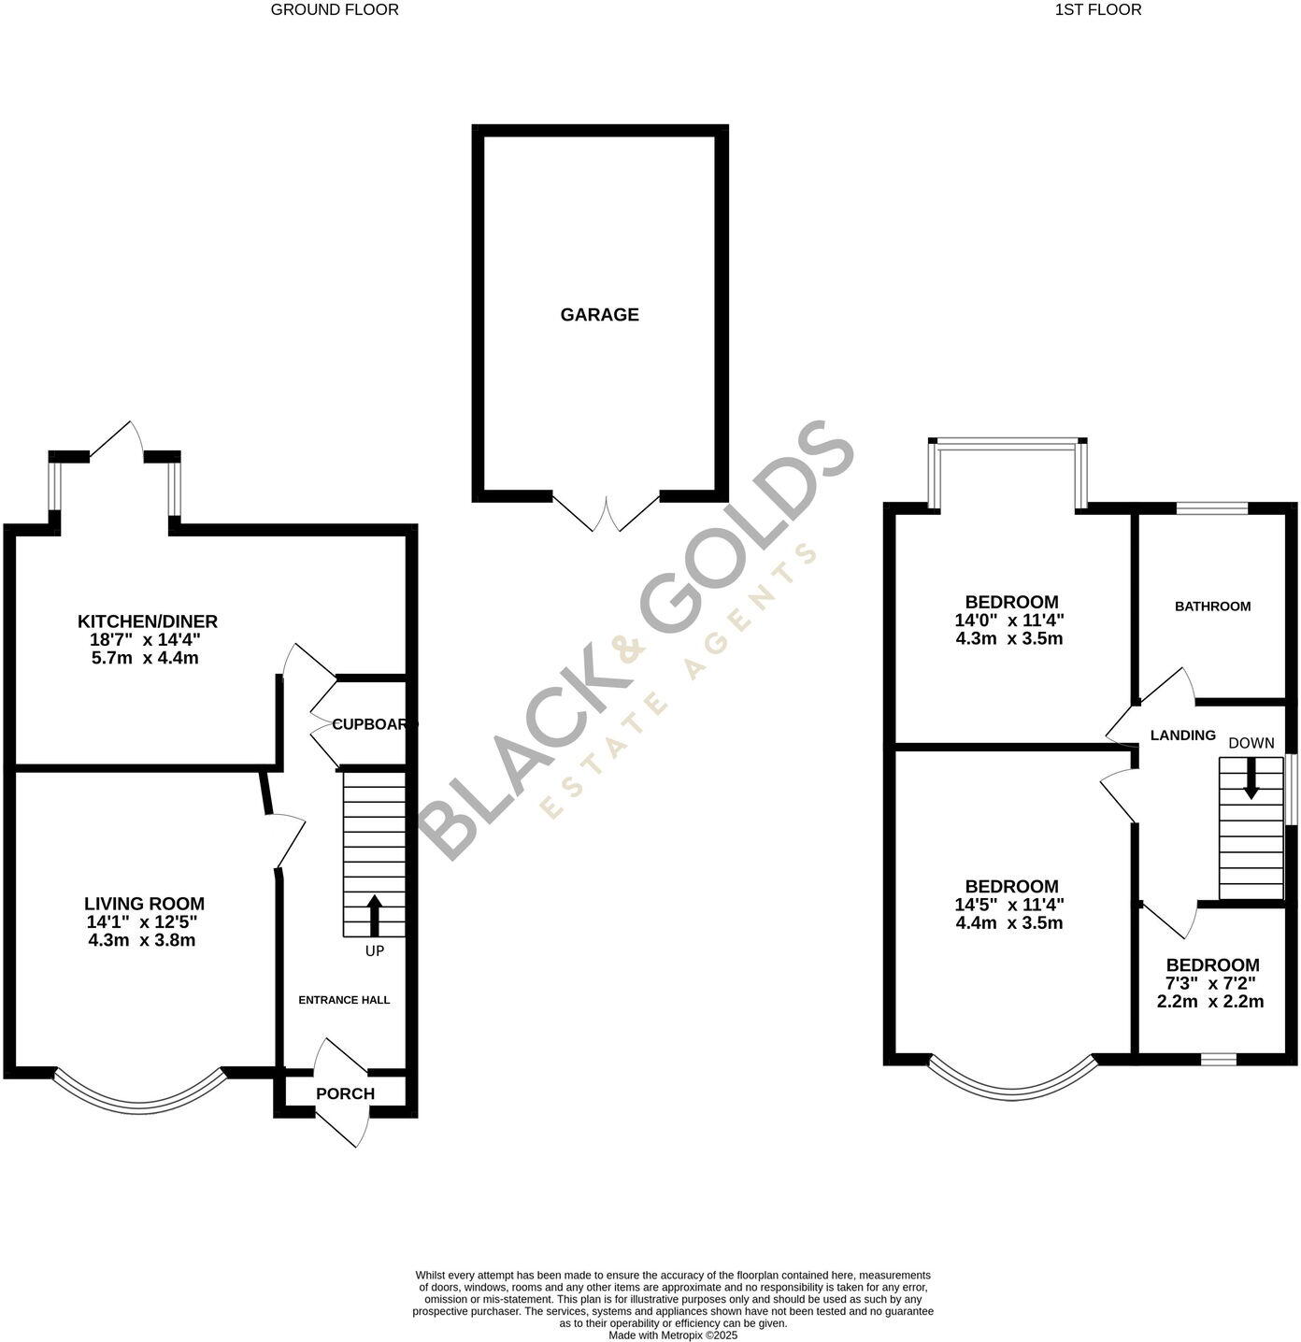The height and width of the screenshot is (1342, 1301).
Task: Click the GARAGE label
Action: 599,315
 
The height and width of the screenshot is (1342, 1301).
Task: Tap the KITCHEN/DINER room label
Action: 147,621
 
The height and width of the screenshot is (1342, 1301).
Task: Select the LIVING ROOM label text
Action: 144,904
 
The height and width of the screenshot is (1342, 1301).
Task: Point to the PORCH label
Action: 345,1093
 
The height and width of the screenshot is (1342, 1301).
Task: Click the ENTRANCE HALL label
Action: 344,1000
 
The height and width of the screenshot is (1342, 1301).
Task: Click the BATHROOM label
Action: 1212,607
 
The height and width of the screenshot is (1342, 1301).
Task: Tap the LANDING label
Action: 1182,735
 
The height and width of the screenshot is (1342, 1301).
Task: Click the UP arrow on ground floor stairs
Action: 375,916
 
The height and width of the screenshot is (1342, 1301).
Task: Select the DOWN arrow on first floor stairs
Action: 1251,778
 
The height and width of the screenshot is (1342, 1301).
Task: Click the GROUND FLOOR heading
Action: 335,10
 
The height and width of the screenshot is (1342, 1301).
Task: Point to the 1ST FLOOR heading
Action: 1098,10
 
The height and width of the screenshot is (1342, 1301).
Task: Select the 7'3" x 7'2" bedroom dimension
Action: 1210,983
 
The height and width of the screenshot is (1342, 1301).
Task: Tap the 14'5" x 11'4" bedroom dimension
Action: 1009,905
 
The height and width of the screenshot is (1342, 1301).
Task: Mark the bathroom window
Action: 1211,508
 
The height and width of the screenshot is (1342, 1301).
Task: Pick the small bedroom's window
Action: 1218,1059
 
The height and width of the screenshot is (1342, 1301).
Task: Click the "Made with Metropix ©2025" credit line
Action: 673,1335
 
